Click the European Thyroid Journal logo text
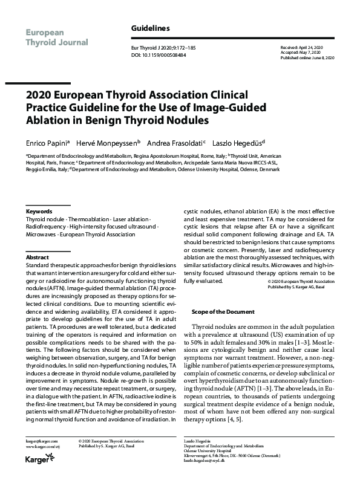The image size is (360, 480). point(56,36)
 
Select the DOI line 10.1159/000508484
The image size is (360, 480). point(159,54)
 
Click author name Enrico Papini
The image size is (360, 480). point(47,143)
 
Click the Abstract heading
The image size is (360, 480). point(37,257)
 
